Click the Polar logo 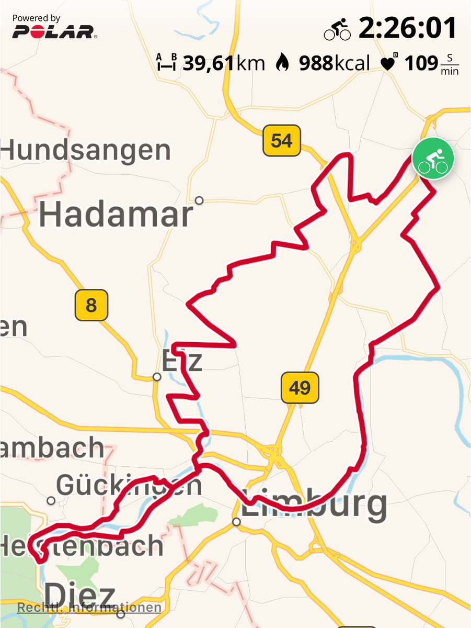pyautogui.click(x=54, y=31)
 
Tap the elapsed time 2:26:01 pyautogui.click(x=407, y=29)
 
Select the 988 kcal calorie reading pyautogui.click(x=334, y=63)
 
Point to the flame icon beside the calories pyautogui.click(x=282, y=63)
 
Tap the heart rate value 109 pyautogui.click(x=420, y=63)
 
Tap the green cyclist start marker pyautogui.click(x=433, y=158)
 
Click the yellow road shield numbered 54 pyautogui.click(x=282, y=140)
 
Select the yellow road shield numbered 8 pyautogui.click(x=91, y=305)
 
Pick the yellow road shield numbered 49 pyautogui.click(x=299, y=388)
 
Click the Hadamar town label pyautogui.click(x=116, y=215)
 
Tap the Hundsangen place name pyautogui.click(x=86, y=151)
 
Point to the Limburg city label pyautogui.click(x=314, y=505)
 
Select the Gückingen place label pyautogui.click(x=129, y=486)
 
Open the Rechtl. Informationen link pyautogui.click(x=89, y=608)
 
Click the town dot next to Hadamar pyautogui.click(x=199, y=200)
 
